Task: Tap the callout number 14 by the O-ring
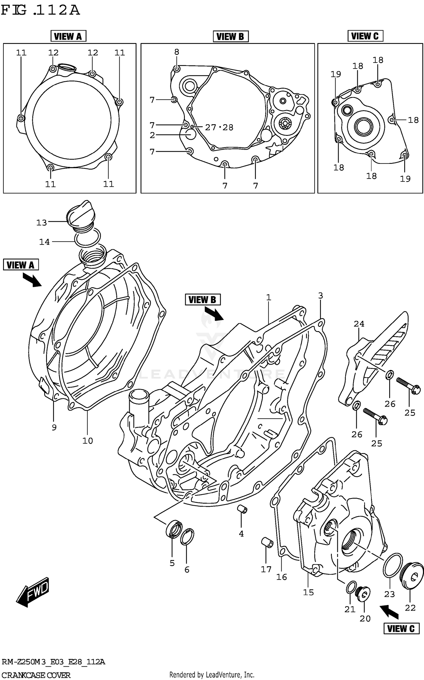(44, 242)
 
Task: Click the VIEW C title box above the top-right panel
(365, 36)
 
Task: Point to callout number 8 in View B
(177, 52)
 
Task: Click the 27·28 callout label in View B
(219, 128)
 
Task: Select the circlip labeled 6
(187, 536)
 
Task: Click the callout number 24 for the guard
(359, 324)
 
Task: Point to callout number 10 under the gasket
(87, 441)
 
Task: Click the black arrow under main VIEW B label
(214, 314)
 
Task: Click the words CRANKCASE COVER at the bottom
(36, 675)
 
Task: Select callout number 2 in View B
(152, 135)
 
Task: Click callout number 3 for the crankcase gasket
(320, 295)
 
